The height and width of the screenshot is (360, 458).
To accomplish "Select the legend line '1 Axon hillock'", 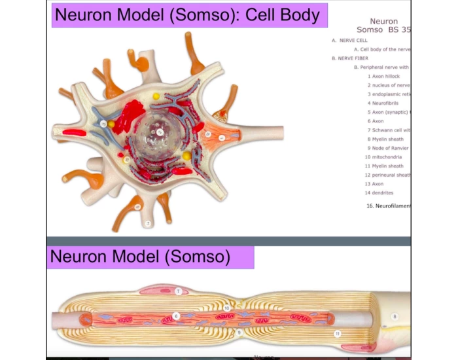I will (383, 76).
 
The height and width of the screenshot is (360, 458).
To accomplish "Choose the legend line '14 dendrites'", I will (379, 193).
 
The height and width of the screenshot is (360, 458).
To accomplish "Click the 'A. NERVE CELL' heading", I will (349, 41).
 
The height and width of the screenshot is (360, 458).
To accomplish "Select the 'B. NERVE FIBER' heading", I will (349, 58).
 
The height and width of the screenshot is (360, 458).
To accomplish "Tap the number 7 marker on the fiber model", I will (177, 291).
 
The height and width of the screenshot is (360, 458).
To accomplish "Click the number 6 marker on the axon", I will (176, 316).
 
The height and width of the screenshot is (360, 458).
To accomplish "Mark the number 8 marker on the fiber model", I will (394, 316).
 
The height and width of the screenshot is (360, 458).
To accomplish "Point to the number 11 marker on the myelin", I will (338, 333).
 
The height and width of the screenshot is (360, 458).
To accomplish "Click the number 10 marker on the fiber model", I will (227, 307).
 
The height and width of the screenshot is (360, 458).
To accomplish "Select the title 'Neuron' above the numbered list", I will (383, 22).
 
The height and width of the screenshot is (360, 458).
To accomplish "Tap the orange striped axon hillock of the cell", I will (220, 137).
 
